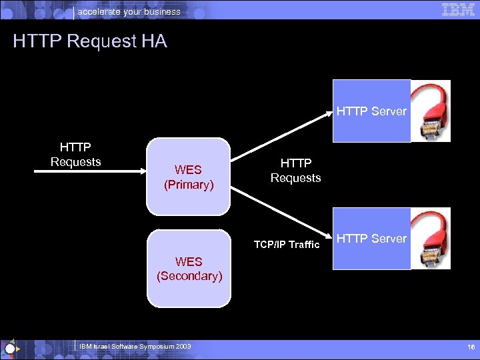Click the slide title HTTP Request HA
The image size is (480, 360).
89,41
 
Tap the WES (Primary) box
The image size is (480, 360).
189,177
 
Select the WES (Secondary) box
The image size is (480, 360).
189,268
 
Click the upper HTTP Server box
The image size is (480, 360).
371,111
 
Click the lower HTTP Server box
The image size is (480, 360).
371,239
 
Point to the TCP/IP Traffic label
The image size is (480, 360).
287,245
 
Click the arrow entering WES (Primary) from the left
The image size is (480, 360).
90,171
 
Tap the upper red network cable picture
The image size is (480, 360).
431,111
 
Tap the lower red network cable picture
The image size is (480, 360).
431,238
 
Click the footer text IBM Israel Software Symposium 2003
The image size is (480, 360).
135,347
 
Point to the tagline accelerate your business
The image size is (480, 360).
129,11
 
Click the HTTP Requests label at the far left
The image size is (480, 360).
76,154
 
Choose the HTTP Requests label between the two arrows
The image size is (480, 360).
295,171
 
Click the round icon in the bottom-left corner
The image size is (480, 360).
9,348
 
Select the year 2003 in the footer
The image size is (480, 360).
183,347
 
